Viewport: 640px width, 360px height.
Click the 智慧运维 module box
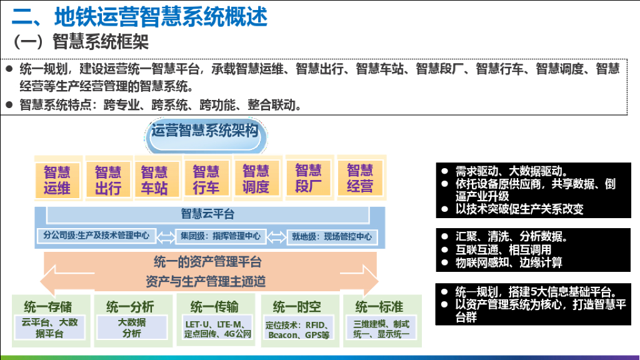point(57,179)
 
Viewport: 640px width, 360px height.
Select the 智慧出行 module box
point(107,179)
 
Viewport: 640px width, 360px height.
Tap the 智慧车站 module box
point(154,179)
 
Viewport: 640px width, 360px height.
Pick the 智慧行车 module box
point(206,179)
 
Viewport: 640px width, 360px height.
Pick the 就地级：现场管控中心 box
point(331,236)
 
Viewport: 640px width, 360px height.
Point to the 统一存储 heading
point(48,306)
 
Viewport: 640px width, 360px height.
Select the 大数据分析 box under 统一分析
point(132,327)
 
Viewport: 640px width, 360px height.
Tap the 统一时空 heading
point(298,307)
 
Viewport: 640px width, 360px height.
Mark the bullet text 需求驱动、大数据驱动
point(511,171)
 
